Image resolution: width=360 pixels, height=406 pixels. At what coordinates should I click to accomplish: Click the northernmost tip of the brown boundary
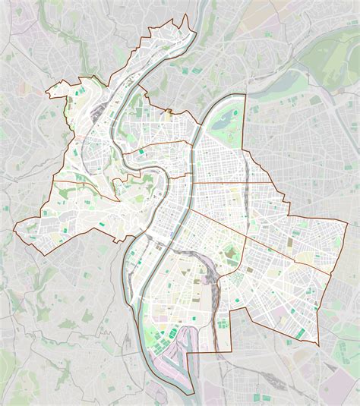click(182, 16)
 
